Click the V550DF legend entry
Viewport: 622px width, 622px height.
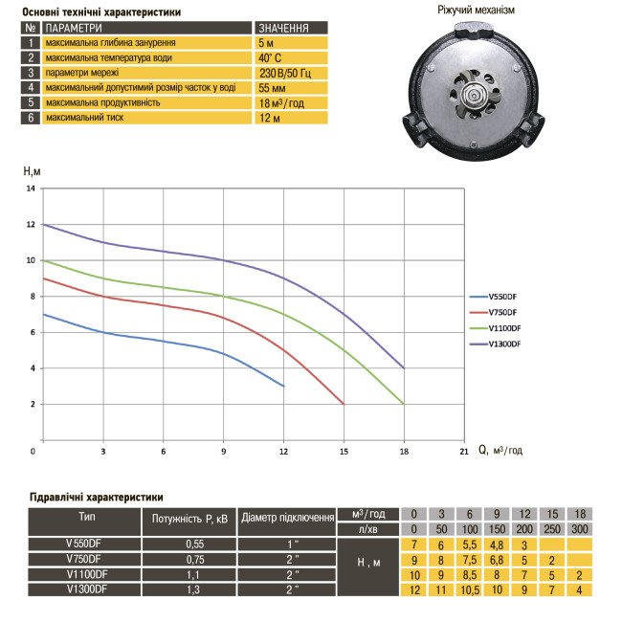pos(503,296)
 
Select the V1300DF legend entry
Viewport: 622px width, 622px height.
pos(505,344)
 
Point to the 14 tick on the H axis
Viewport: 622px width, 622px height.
pos(31,189)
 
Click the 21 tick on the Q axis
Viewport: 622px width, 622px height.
pos(463,450)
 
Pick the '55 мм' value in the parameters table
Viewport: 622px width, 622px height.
pos(268,87)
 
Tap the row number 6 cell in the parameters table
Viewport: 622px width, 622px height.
pos(32,117)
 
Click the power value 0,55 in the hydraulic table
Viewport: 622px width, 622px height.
pos(189,544)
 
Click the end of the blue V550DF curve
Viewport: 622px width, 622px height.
pos(284,386)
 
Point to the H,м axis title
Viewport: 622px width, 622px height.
pos(32,170)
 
